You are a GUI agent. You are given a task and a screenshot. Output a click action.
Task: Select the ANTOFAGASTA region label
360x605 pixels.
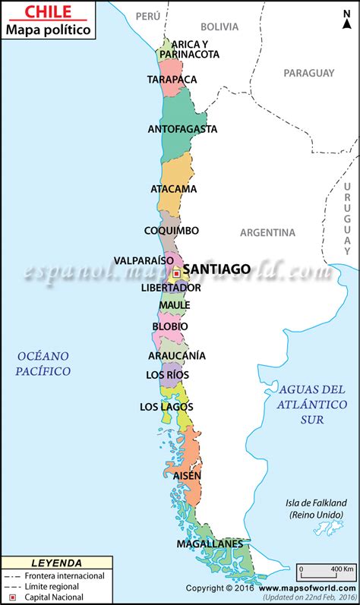[182, 129]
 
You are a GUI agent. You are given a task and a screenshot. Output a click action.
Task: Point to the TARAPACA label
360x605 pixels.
[172, 79]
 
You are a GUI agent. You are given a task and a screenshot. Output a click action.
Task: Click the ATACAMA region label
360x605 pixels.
[174, 188]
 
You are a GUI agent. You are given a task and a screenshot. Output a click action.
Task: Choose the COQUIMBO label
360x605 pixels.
[172, 230]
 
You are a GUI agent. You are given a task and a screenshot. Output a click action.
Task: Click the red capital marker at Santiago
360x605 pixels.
[176, 273]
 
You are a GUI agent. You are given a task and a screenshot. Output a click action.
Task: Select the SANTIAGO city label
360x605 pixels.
[217, 269]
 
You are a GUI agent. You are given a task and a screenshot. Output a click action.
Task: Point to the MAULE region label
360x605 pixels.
[174, 305]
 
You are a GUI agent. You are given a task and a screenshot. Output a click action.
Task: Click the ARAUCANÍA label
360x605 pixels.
[176, 355]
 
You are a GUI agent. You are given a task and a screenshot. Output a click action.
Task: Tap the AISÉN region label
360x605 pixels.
[187, 476]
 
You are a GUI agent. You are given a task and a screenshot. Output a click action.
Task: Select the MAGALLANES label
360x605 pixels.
[210, 544]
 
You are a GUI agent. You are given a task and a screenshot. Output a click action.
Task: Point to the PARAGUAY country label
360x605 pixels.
[308, 73]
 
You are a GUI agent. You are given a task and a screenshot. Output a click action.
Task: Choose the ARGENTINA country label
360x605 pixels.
[267, 232]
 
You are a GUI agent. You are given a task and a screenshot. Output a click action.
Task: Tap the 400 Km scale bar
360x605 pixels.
[327, 572]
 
